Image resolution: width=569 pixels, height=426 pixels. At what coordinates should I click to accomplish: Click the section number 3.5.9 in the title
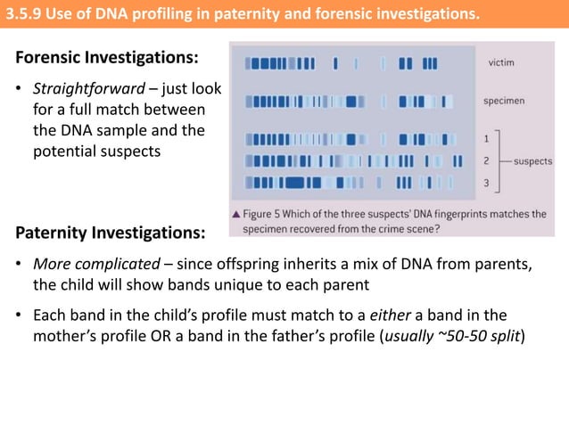coord(26,13)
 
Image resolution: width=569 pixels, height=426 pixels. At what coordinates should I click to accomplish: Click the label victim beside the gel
coord(500,63)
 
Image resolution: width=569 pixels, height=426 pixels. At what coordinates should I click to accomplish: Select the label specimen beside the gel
coord(504,101)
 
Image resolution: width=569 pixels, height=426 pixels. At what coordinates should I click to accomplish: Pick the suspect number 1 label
coord(486,139)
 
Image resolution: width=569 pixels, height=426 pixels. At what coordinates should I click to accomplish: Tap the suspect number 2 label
coord(486,161)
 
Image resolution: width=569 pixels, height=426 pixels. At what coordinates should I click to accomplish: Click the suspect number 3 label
coord(486,183)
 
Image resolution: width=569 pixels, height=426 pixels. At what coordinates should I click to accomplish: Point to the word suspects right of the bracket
coord(533,161)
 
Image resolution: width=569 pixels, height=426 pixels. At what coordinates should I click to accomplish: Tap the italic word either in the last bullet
coord(417,315)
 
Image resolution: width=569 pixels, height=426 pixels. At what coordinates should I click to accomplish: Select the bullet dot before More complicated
coord(20,267)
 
